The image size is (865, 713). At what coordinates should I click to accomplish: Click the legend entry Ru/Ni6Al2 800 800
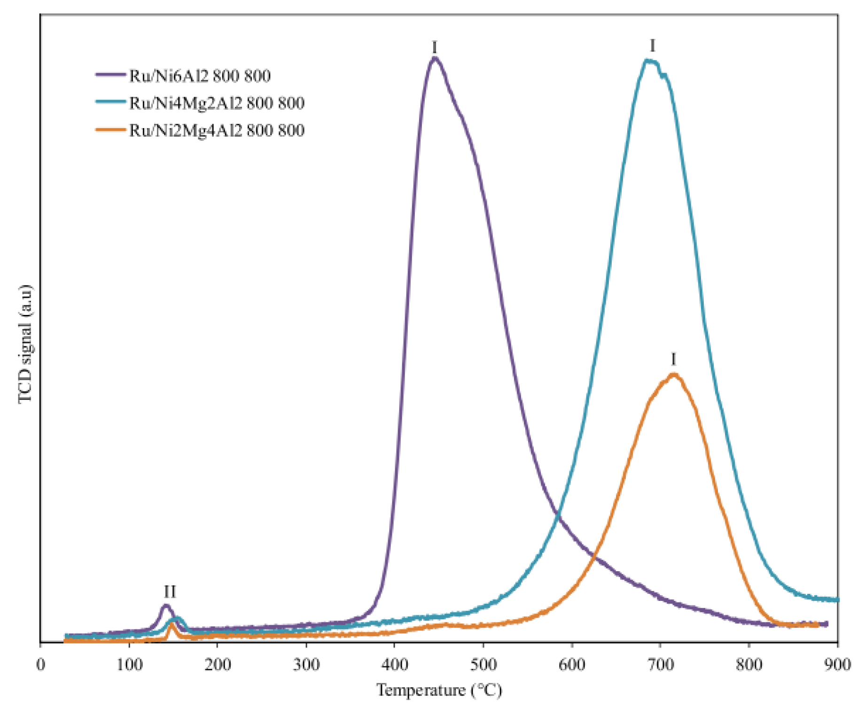[200, 76]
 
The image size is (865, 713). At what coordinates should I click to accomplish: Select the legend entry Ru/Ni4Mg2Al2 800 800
[217, 103]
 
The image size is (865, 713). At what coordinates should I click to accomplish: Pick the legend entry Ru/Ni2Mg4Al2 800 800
[217, 130]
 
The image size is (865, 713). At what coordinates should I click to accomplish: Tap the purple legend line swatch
[111, 75]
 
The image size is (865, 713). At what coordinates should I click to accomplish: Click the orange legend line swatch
[111, 130]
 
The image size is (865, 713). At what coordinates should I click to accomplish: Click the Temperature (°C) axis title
[439, 690]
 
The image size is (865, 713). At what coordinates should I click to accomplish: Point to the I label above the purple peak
[435, 47]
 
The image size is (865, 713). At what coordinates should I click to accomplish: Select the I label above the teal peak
[652, 46]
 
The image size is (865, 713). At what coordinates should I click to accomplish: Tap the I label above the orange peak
[673, 360]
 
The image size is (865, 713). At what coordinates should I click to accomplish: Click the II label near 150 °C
[170, 592]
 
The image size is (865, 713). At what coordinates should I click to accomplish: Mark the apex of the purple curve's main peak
[435, 59]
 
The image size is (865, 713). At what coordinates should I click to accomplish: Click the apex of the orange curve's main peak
[674, 375]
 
